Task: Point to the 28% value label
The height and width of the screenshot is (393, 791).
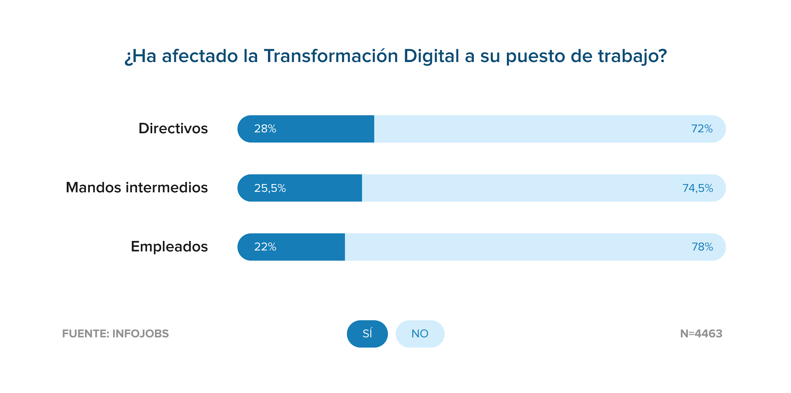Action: (x=265, y=129)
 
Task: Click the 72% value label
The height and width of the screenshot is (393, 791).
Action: (x=702, y=129)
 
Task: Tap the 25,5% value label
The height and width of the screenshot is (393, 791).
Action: (x=270, y=188)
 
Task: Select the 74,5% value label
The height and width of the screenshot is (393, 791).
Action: (x=698, y=188)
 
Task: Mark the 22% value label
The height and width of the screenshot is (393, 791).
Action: (x=265, y=247)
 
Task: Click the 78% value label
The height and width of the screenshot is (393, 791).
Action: (x=702, y=247)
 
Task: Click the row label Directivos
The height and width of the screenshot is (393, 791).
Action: (x=173, y=128)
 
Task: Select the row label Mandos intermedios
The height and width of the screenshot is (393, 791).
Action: (x=137, y=187)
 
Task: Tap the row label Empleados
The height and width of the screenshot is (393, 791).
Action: (x=169, y=247)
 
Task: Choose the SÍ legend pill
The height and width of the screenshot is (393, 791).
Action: (x=367, y=334)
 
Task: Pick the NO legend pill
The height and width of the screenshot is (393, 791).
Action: (x=420, y=334)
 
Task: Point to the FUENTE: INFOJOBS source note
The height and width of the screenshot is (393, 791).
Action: (x=115, y=334)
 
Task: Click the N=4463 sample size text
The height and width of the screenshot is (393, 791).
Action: (x=701, y=334)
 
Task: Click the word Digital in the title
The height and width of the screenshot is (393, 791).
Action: (x=431, y=56)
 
